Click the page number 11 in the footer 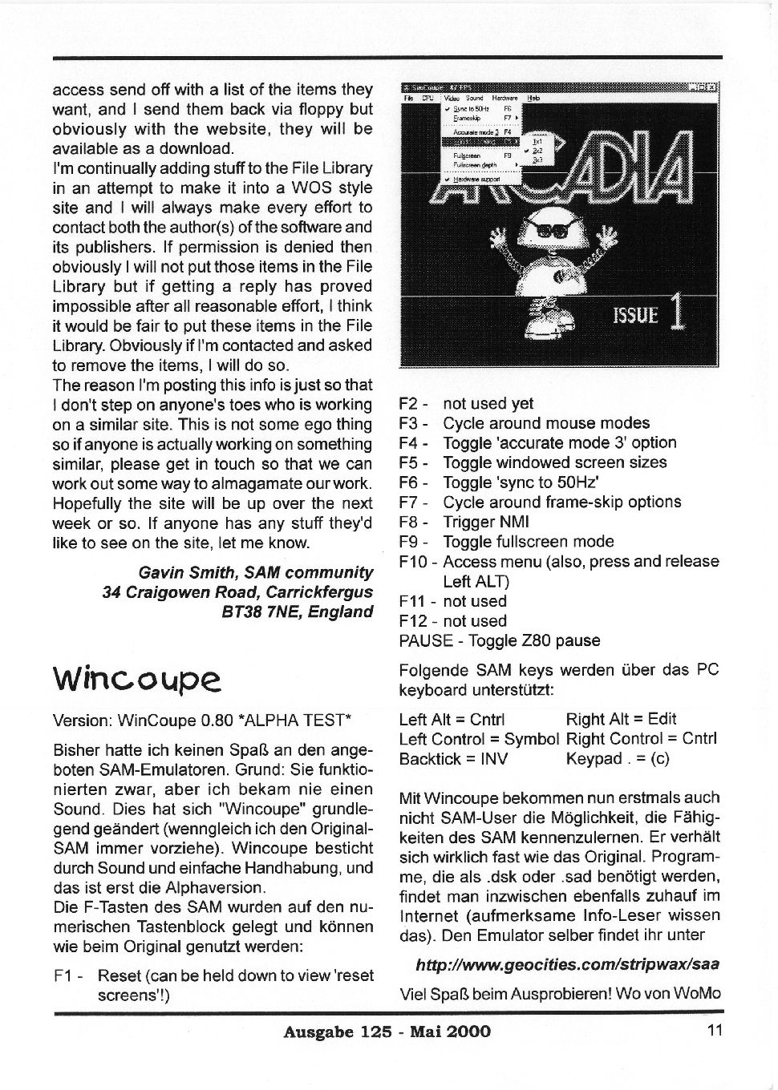pyautogui.click(x=715, y=1031)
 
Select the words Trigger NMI pyautogui.click(x=486, y=522)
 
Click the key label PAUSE pyautogui.click(x=421, y=640)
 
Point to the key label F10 pyautogui.click(x=415, y=561)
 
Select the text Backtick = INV pyautogui.click(x=453, y=758)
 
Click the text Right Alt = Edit pyautogui.click(x=621, y=719)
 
